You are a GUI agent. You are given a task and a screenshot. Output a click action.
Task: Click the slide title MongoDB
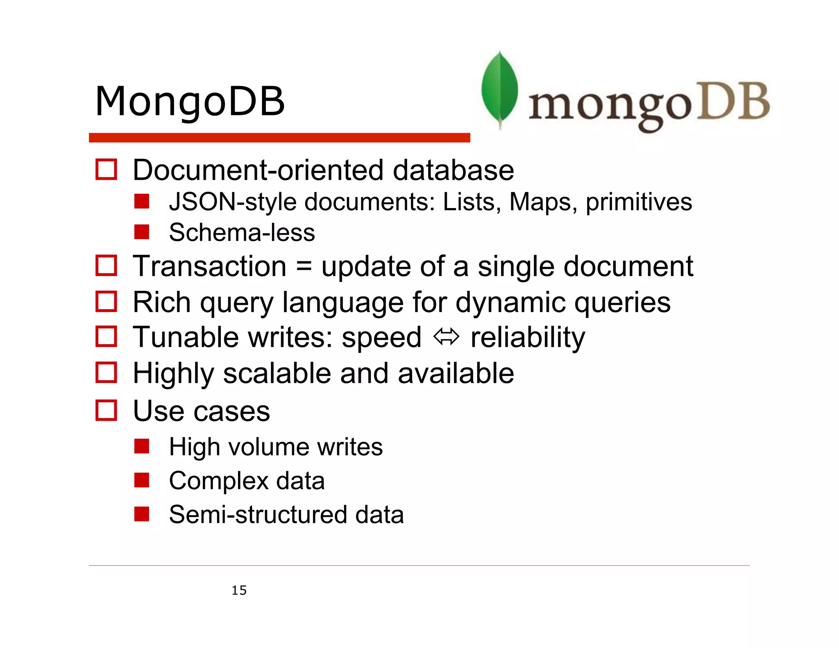(189, 101)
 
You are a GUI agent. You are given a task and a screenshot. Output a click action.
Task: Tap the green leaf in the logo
(499, 88)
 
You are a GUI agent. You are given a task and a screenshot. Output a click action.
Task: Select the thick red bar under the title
(279, 138)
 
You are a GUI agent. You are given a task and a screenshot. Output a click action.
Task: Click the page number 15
(239, 590)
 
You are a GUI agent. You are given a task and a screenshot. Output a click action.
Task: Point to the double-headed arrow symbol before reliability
(446, 337)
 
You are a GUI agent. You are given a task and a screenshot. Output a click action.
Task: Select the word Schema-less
(242, 233)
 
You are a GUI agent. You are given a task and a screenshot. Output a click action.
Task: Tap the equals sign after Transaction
(304, 266)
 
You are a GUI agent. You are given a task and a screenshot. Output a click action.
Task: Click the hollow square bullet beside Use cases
(106, 410)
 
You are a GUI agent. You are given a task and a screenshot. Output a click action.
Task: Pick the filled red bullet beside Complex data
(142, 480)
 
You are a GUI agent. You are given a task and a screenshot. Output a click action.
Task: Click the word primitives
(639, 202)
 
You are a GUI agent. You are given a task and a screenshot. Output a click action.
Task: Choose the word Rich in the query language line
(162, 302)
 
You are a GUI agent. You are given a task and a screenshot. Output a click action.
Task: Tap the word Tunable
(186, 337)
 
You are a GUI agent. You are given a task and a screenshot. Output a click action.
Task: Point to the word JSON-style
(233, 202)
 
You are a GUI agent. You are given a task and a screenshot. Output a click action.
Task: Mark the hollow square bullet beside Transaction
(106, 265)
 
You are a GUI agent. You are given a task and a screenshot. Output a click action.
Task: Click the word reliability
(528, 337)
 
